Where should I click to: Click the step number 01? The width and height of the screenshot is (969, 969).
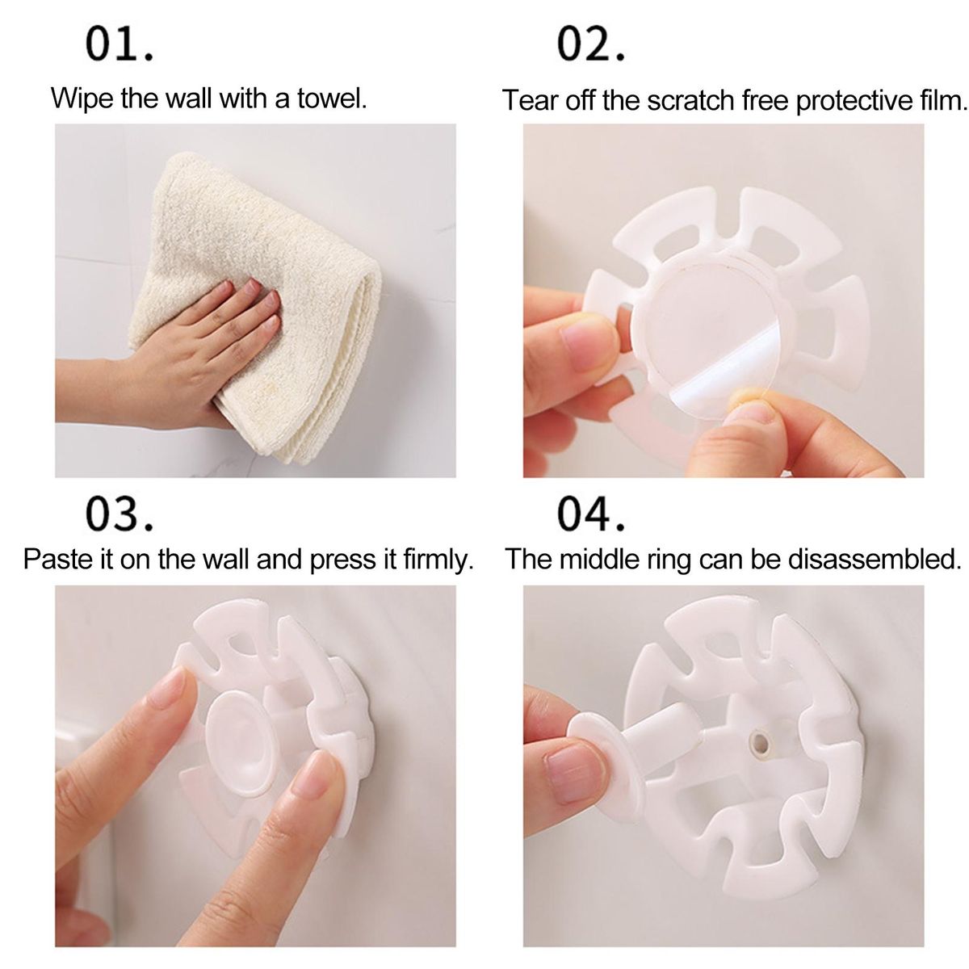[x=120, y=44]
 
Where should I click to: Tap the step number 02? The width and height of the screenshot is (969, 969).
[x=591, y=44]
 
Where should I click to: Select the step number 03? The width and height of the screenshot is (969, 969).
[x=120, y=514]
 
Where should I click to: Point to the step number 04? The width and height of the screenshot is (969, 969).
[x=591, y=514]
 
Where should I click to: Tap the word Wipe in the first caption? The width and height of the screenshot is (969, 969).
[x=82, y=98]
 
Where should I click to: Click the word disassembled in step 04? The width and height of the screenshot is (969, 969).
[x=875, y=559]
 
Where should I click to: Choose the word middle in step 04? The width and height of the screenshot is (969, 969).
[x=599, y=559]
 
